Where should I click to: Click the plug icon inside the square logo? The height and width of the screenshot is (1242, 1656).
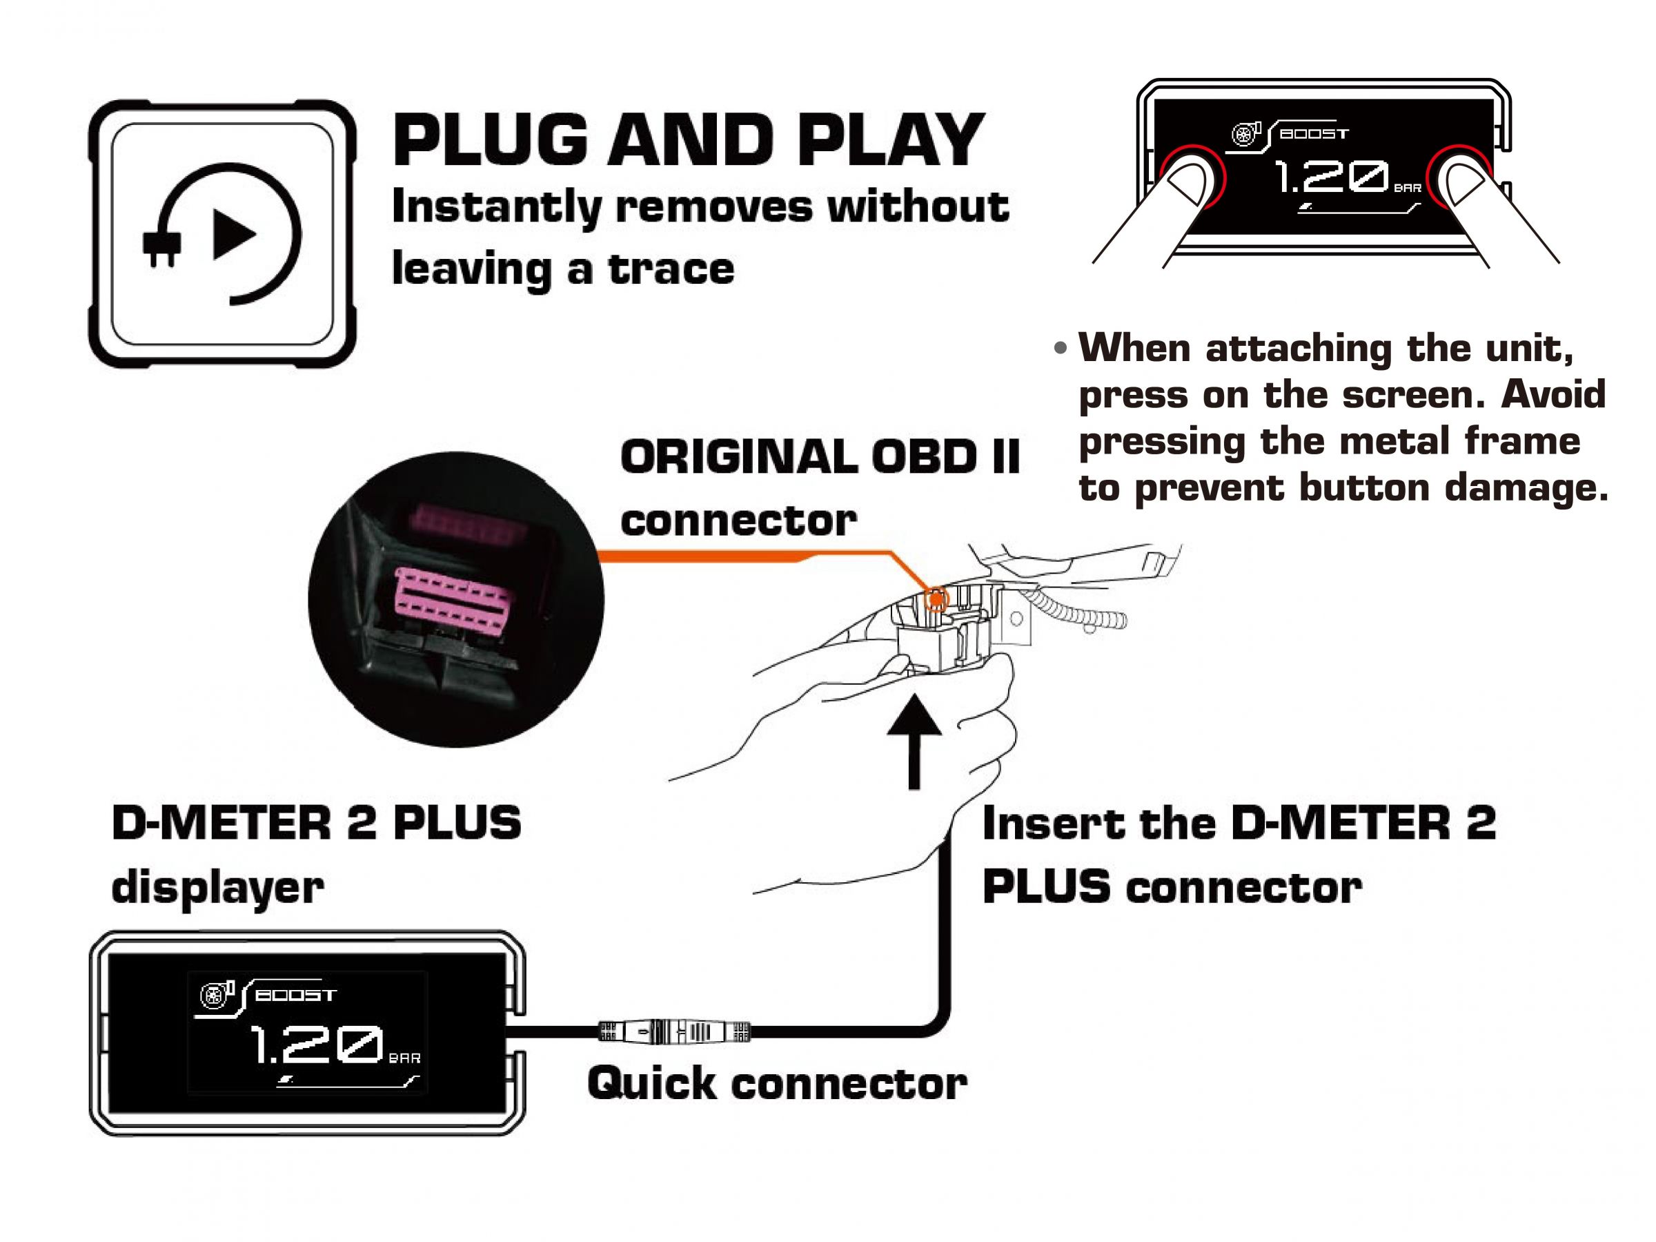click(161, 247)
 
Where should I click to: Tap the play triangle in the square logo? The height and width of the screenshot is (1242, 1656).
click(232, 235)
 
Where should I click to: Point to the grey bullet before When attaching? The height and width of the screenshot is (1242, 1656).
click(1060, 349)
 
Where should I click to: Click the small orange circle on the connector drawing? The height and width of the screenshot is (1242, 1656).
click(936, 599)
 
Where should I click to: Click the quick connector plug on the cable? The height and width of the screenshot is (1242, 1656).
click(673, 1032)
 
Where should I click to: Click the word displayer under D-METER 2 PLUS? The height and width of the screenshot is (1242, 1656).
click(217, 888)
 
